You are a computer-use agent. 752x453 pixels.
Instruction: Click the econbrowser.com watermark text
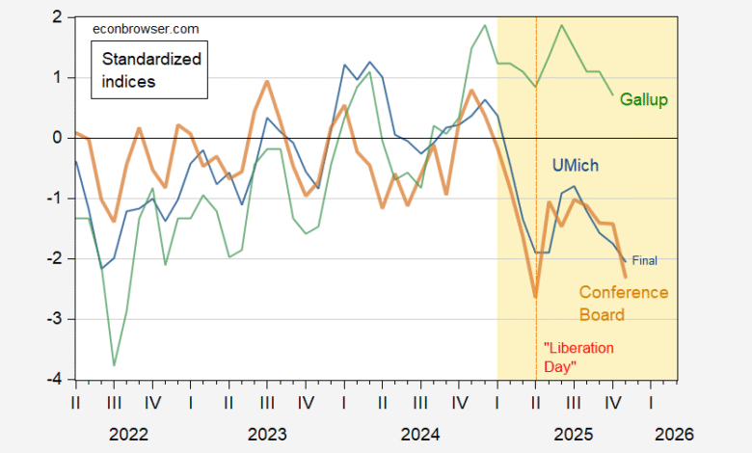tap(138, 30)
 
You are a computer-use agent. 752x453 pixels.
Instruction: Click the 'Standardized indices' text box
tap(152, 70)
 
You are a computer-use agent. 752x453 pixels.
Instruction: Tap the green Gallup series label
tap(645, 100)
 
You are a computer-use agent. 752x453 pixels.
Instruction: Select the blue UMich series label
tap(575, 165)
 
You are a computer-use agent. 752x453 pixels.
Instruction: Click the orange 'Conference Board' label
tap(623, 304)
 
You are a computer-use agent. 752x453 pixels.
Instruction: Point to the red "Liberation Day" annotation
tap(579, 358)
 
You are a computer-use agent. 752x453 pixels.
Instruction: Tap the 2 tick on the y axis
tap(58, 17)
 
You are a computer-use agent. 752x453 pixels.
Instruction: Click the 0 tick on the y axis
tap(58, 138)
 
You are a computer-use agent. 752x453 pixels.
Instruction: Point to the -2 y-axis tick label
tap(55, 258)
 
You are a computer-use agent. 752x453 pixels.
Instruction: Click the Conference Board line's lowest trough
tap(535, 297)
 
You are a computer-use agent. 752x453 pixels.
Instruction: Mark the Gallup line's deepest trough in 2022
tap(115, 365)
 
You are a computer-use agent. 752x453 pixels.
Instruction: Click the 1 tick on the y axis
tap(58, 77)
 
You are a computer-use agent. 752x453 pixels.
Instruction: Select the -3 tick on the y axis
tap(55, 318)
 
